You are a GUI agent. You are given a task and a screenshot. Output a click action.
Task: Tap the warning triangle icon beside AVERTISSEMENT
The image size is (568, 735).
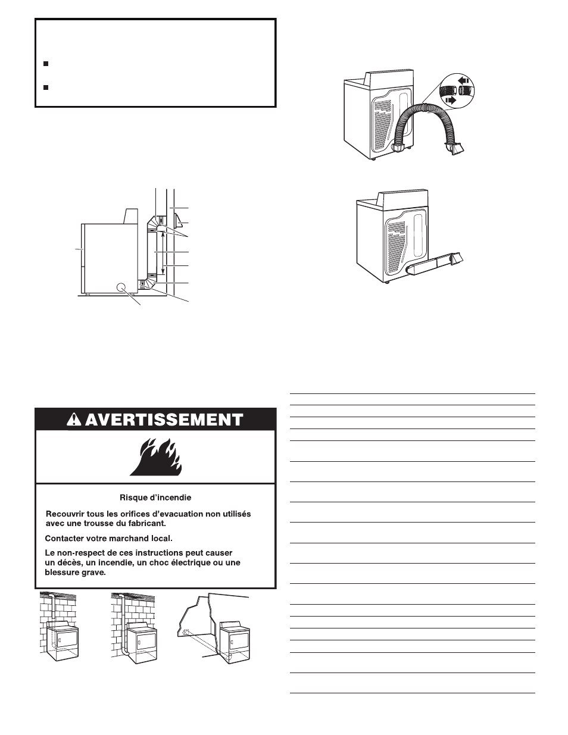pyautogui.click(x=75, y=420)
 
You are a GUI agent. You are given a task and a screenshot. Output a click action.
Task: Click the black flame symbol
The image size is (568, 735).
pyautogui.click(x=155, y=457)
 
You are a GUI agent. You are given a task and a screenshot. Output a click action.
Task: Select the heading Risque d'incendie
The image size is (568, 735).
pyautogui.click(x=155, y=498)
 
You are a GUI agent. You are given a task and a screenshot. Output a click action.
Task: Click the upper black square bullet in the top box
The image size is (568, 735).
pyautogui.click(x=46, y=63)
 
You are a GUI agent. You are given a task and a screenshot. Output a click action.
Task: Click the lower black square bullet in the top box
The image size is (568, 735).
pyautogui.click(x=46, y=87)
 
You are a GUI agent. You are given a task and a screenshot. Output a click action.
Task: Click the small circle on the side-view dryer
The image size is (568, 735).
pyautogui.click(x=123, y=287)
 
